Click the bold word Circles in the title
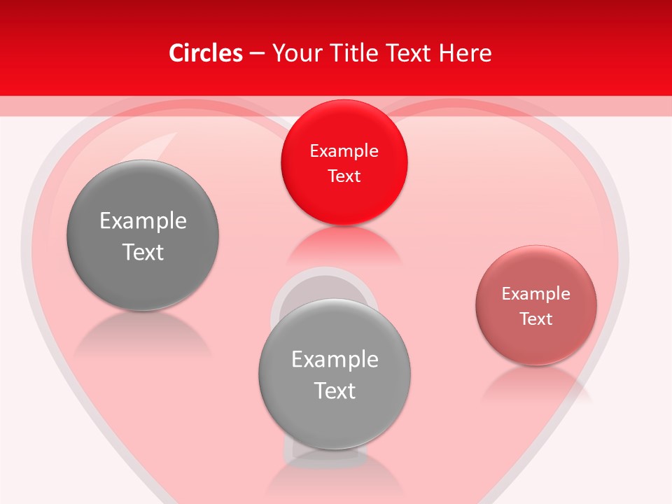pyautogui.click(x=206, y=53)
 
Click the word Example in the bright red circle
pyautogui.click(x=344, y=150)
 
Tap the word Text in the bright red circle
pyautogui.click(x=344, y=176)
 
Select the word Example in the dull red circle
pyautogui.click(x=535, y=293)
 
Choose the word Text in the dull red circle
pyautogui.click(x=536, y=318)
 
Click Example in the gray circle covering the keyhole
pyautogui.click(x=335, y=359)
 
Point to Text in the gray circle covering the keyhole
pyautogui.click(x=335, y=390)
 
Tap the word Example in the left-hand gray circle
pyautogui.click(x=143, y=220)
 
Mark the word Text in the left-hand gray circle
pyautogui.click(x=143, y=251)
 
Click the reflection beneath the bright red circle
pyautogui.click(x=344, y=245)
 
